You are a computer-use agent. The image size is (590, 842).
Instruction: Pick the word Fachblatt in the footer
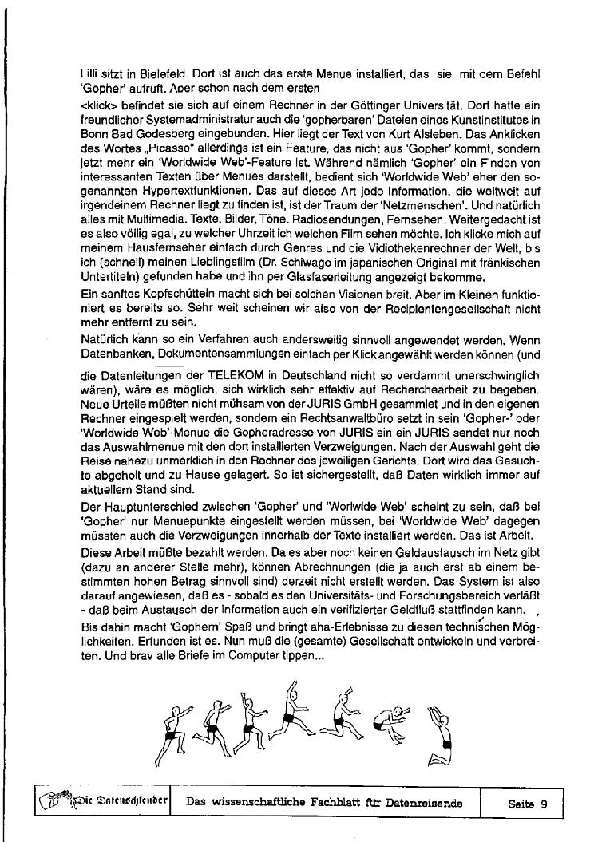(x=348, y=804)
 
